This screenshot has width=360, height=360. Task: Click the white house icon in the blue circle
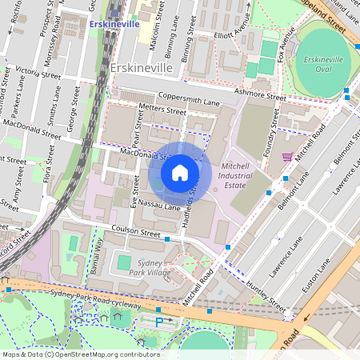point(180,173)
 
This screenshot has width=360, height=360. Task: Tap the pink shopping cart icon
point(287,157)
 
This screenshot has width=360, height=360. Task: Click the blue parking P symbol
point(158,321)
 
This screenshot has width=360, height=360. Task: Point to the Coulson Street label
point(129,232)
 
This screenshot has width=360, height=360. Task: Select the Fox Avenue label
point(286,46)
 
